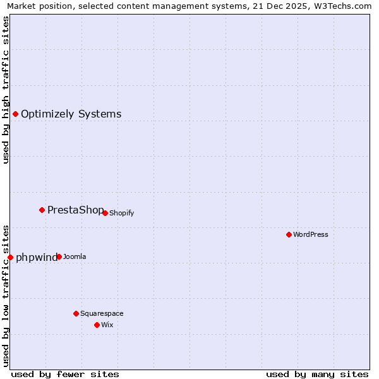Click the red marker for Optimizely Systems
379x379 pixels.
(15, 114)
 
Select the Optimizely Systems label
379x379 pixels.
(71, 114)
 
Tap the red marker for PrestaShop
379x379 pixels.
(42, 210)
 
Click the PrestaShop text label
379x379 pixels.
(75, 210)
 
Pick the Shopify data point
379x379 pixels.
(105, 213)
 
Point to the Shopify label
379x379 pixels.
(121, 213)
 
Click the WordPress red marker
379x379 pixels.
(289, 234)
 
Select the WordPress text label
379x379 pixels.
(310, 234)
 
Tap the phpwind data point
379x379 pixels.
(10, 257)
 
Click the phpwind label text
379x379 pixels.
(36, 258)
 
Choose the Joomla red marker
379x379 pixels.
(59, 256)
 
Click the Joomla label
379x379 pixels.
(75, 256)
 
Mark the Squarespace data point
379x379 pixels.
(76, 313)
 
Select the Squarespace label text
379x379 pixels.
(102, 313)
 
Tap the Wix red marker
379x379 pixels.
(97, 325)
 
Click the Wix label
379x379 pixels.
(107, 325)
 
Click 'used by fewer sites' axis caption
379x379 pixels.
(65, 374)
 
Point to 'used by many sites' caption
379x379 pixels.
(317, 374)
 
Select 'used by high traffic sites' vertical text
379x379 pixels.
(6, 89)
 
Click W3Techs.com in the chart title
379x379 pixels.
(340, 6)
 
